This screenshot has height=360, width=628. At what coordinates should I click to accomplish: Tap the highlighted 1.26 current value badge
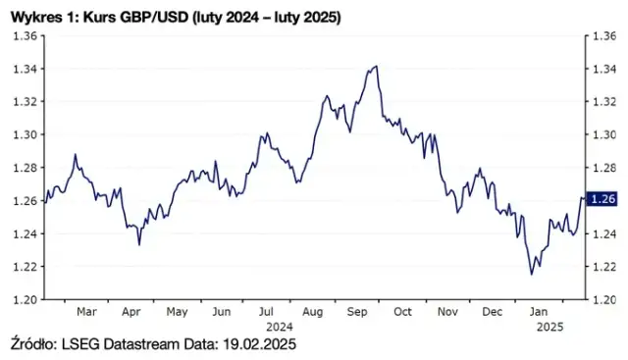[x=602, y=199]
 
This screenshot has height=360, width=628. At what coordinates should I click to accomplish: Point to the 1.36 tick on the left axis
[x=24, y=35]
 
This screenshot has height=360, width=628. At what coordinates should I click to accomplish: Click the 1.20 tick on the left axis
[x=24, y=299]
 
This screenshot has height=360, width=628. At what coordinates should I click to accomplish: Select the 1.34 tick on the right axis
[x=602, y=69]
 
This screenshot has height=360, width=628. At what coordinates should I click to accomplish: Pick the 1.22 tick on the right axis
[x=602, y=266]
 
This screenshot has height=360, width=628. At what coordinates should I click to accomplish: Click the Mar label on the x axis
[x=86, y=312]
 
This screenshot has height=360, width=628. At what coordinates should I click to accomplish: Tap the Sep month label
[x=356, y=312]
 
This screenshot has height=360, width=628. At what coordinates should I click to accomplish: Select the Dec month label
[x=492, y=312]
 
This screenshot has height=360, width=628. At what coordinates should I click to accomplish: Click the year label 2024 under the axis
[x=280, y=326]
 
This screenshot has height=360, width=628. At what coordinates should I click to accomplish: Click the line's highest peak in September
[x=376, y=67]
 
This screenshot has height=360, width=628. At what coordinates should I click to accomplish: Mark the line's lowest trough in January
[x=531, y=274]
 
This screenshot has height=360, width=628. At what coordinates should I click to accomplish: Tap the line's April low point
[x=138, y=243]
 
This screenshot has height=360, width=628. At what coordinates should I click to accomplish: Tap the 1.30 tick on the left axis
[x=24, y=134]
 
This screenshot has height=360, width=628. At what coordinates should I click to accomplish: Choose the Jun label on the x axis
[x=221, y=312]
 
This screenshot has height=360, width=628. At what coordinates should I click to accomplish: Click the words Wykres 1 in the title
[x=39, y=16]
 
